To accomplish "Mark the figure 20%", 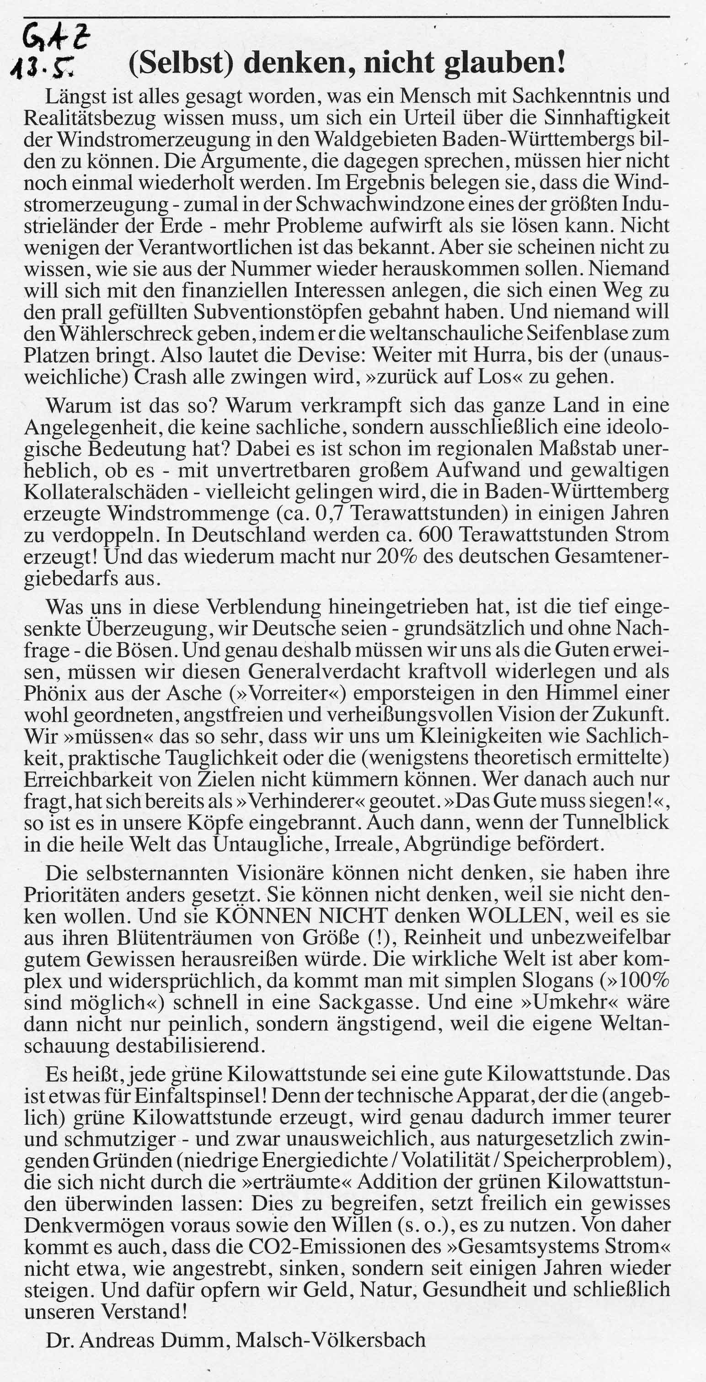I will (x=401, y=556).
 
